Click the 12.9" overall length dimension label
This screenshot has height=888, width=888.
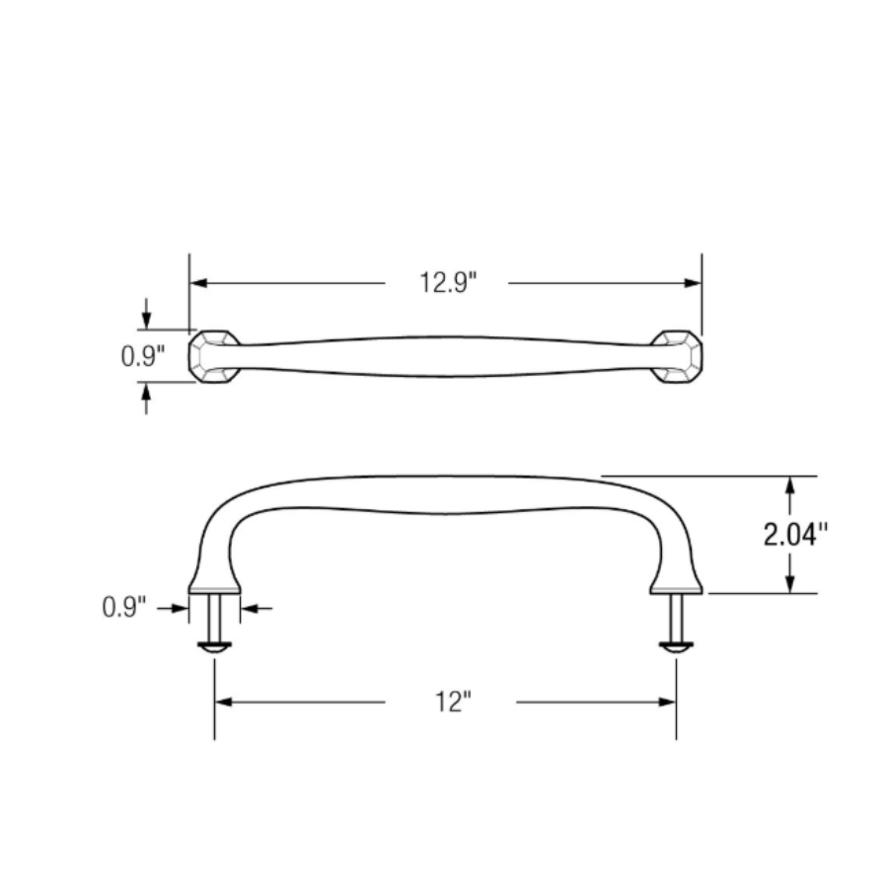446,284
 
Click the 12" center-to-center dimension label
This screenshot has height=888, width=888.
452,703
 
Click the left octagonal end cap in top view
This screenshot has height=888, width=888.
214,357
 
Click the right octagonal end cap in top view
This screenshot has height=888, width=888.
677,357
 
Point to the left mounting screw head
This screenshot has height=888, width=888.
214,647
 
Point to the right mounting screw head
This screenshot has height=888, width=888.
676,647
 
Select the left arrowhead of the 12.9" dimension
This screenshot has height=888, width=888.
198,284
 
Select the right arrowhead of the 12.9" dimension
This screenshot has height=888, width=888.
693,284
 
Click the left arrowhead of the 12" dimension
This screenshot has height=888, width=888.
223,703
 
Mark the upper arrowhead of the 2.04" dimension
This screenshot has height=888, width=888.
789,485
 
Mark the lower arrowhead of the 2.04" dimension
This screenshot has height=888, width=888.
789,584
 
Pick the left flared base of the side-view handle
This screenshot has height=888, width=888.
214,582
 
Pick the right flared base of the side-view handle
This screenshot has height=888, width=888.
676,582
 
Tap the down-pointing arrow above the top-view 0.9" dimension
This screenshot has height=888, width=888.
146,320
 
